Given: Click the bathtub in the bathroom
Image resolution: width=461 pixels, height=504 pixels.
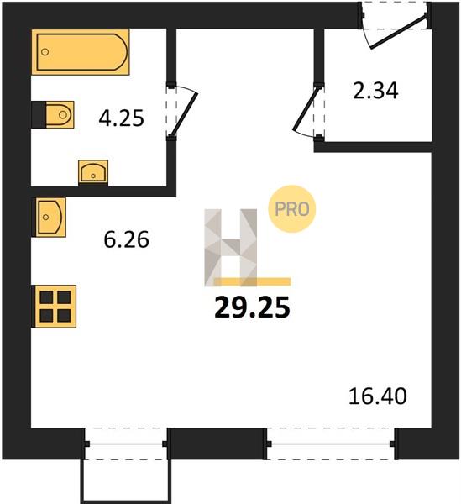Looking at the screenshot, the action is click(x=81, y=52).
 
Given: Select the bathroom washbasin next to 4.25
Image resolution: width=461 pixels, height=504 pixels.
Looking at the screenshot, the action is click(x=93, y=172).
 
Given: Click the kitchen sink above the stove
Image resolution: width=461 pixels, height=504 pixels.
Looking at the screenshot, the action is click(x=50, y=218).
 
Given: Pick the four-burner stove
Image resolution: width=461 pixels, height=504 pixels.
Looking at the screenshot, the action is click(x=55, y=307).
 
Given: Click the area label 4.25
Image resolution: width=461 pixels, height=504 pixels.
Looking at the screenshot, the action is click(x=121, y=118).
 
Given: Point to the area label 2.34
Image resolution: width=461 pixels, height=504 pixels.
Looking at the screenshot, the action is click(x=375, y=91).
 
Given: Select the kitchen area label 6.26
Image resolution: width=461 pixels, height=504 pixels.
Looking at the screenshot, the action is click(x=126, y=239).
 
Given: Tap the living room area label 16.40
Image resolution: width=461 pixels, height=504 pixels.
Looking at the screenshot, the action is click(x=378, y=396).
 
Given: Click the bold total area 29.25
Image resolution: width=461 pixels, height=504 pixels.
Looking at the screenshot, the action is click(x=252, y=307).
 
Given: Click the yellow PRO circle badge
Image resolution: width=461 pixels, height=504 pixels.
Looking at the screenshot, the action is click(x=292, y=209).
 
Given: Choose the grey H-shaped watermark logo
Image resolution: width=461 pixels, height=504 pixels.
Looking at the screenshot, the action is click(x=231, y=248).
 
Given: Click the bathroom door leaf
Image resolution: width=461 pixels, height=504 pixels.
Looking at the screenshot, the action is click(x=185, y=113).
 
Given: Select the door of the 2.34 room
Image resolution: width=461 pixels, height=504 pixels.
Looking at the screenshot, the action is click(x=306, y=109).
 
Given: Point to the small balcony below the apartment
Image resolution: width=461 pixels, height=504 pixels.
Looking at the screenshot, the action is click(x=126, y=481).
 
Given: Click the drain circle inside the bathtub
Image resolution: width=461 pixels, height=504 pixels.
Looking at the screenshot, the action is click(x=45, y=52).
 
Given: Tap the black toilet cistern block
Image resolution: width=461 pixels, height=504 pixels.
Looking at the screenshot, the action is click(x=39, y=115).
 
